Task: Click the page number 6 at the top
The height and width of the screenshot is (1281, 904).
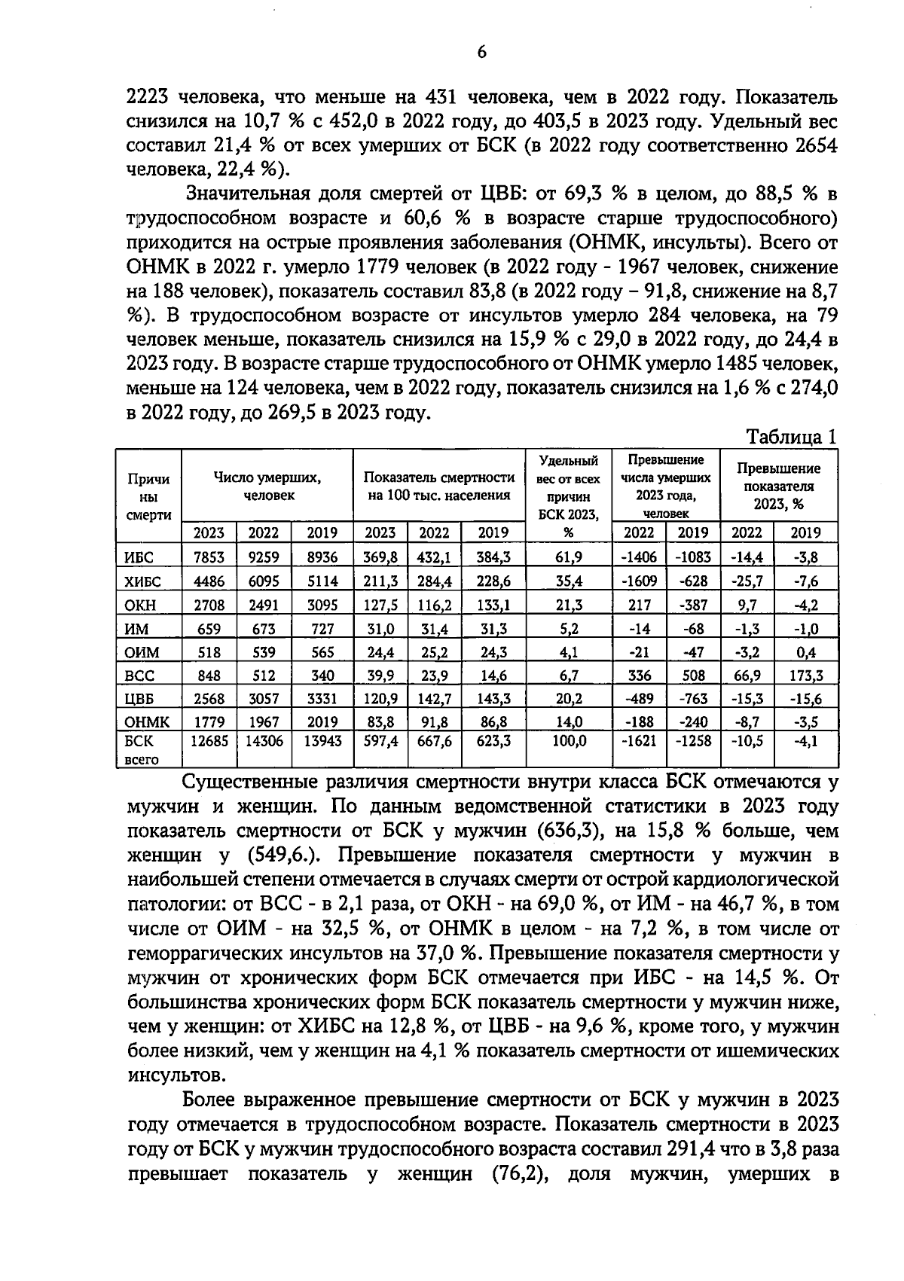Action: coord(481,51)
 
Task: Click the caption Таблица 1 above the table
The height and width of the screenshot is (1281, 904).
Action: coord(791,437)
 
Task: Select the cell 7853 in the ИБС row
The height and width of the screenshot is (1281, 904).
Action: coord(209,557)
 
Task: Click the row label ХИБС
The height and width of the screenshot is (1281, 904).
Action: coord(142,581)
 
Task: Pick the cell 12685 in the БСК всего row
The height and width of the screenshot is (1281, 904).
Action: coord(209,741)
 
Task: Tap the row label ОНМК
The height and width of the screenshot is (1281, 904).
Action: coord(146,722)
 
